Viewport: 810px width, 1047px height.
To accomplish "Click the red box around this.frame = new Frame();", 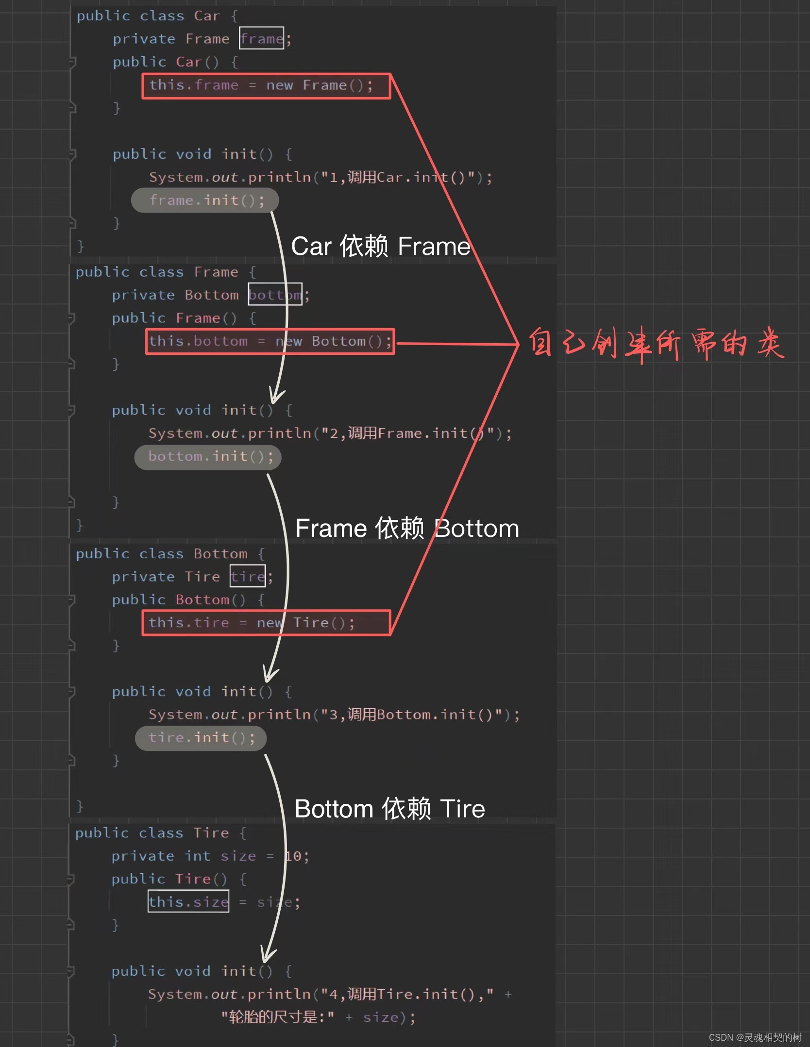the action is [266, 86].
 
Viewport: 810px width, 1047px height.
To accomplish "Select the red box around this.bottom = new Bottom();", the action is [270, 342].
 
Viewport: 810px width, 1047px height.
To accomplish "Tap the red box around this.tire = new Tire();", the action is [266, 623].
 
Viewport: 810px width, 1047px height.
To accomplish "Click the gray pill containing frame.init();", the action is [204, 200].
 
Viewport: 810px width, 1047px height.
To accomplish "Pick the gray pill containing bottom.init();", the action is [208, 457].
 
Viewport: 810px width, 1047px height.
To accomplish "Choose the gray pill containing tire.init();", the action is [201, 738].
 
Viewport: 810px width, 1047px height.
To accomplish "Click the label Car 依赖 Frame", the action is [381, 246].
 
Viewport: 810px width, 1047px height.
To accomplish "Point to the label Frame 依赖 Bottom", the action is [407, 528].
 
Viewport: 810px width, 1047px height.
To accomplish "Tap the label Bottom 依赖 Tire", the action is [389, 809].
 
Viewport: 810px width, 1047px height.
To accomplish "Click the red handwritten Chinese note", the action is [656, 344].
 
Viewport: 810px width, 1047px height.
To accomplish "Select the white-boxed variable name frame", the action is [261, 38].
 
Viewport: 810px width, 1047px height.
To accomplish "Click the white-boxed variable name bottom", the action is [275, 295].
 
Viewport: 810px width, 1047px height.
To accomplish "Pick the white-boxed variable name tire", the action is [248, 576].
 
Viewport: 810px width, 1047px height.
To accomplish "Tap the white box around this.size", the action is [188, 902].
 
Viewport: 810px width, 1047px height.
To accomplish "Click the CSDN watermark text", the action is [755, 1037].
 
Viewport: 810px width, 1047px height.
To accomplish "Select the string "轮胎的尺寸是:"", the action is [278, 1017].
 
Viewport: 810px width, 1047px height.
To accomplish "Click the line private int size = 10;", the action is [210, 856].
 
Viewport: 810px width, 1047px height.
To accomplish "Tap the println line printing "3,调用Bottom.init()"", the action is [334, 715].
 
